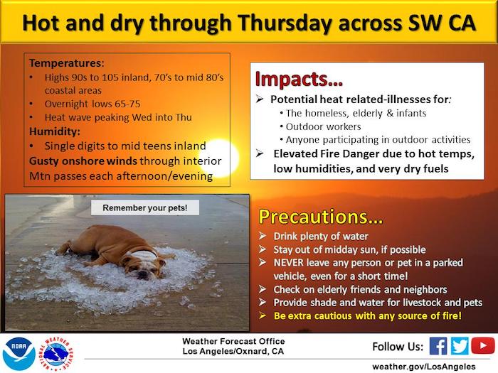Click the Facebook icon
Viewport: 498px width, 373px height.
click(x=438, y=346)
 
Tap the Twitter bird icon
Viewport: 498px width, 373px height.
click(x=460, y=346)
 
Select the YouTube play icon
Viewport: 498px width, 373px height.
click(x=483, y=346)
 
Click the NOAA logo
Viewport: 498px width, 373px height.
click(x=19, y=354)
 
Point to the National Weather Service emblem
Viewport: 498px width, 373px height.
click(x=55, y=354)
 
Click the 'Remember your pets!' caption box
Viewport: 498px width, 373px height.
click(x=145, y=207)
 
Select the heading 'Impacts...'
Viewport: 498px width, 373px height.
click(x=299, y=79)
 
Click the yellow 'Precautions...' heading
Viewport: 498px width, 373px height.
click(x=321, y=217)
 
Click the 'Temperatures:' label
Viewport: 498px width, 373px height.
click(x=67, y=63)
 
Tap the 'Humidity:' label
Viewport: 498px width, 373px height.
click(x=55, y=131)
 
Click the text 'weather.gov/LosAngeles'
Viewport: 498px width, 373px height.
click(x=424, y=367)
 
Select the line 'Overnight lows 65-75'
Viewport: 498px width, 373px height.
click(x=92, y=104)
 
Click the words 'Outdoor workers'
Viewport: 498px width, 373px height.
click(x=323, y=126)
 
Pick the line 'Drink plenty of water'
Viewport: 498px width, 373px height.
click(x=321, y=237)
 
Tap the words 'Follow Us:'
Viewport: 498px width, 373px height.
click(x=398, y=347)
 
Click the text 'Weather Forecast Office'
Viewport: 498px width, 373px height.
click(x=233, y=341)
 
